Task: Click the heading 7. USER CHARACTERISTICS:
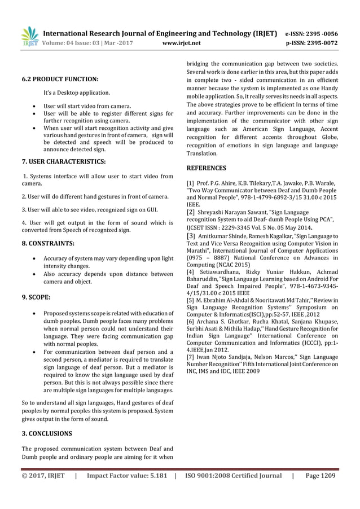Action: [64, 162]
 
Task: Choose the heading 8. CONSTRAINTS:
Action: [48, 244]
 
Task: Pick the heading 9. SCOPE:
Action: [37, 296]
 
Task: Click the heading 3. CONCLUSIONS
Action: [47, 433]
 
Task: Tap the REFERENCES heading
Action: [206, 168]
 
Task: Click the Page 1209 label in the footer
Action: [321, 476]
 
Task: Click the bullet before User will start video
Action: [36, 106]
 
